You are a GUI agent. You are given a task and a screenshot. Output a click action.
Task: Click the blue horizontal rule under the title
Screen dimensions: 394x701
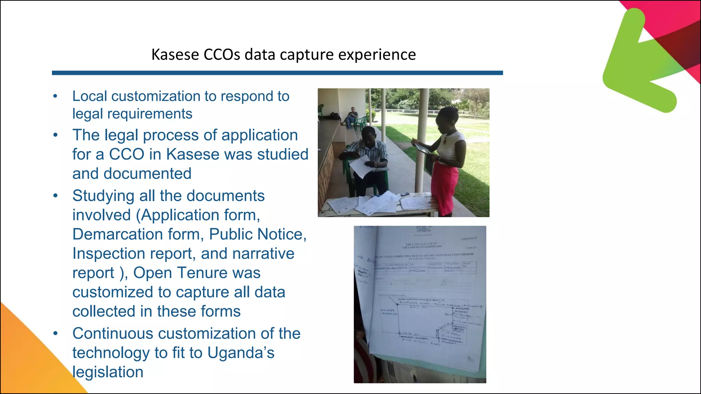click(x=277, y=73)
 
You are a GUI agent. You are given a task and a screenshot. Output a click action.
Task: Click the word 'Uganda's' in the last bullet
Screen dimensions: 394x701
click(x=241, y=353)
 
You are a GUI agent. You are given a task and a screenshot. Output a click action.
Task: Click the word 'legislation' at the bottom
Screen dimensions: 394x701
click(x=108, y=372)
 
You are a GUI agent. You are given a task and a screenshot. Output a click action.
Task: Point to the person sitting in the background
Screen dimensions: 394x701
click(x=352, y=116)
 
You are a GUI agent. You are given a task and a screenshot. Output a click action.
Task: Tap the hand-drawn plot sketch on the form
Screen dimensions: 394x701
click(x=428, y=318)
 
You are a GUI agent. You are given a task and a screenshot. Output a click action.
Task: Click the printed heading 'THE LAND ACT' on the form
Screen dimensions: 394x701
click(x=422, y=244)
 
